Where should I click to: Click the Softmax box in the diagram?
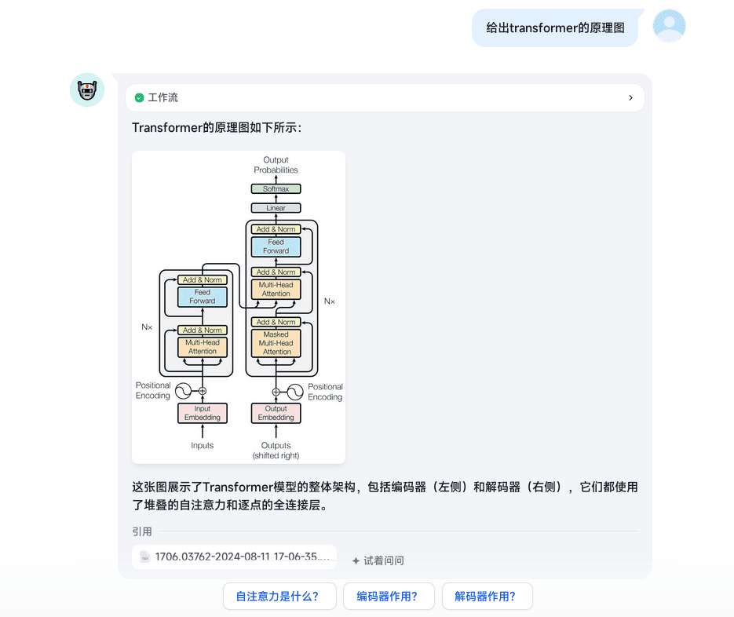276,189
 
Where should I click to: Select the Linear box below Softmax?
276,208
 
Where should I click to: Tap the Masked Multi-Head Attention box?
276,343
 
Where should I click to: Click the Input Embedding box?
203,413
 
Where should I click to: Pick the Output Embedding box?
276,413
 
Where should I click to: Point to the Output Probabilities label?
276,165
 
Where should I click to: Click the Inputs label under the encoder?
203,446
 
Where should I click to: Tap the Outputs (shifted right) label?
276,450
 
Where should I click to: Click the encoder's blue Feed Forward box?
203,297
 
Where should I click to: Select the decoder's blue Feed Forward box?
276,246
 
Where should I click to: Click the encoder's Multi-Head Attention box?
203,347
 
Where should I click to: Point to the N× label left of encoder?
147,327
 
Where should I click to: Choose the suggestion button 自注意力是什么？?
279,596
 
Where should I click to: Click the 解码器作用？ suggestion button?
487,596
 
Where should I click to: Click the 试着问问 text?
378,560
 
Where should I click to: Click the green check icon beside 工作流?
140,98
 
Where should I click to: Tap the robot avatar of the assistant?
87,90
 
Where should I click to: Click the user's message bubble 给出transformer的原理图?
555,28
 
